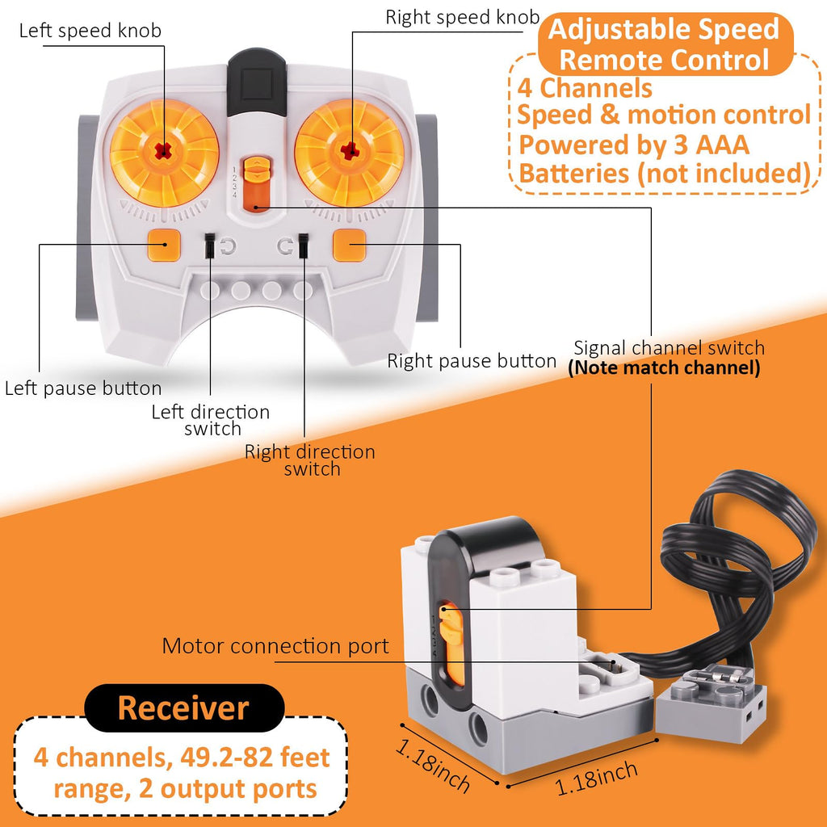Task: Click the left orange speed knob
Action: pos(165,151)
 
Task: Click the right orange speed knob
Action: pos(349,151)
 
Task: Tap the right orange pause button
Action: pos(350,243)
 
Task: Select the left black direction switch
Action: pos(209,246)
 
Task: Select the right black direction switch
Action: pos(304,246)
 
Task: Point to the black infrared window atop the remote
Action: pos(256,81)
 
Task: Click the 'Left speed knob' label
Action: pos(90,31)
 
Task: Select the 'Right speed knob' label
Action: pos(461,17)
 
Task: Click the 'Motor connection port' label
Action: pos(275,646)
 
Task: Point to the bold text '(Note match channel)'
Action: pos(664,368)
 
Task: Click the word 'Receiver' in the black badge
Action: pos(183,707)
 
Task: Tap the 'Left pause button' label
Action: pos(83,388)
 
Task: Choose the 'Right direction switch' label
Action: pos(310,460)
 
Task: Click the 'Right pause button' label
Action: pos(472,361)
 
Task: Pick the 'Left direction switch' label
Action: pos(211,420)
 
